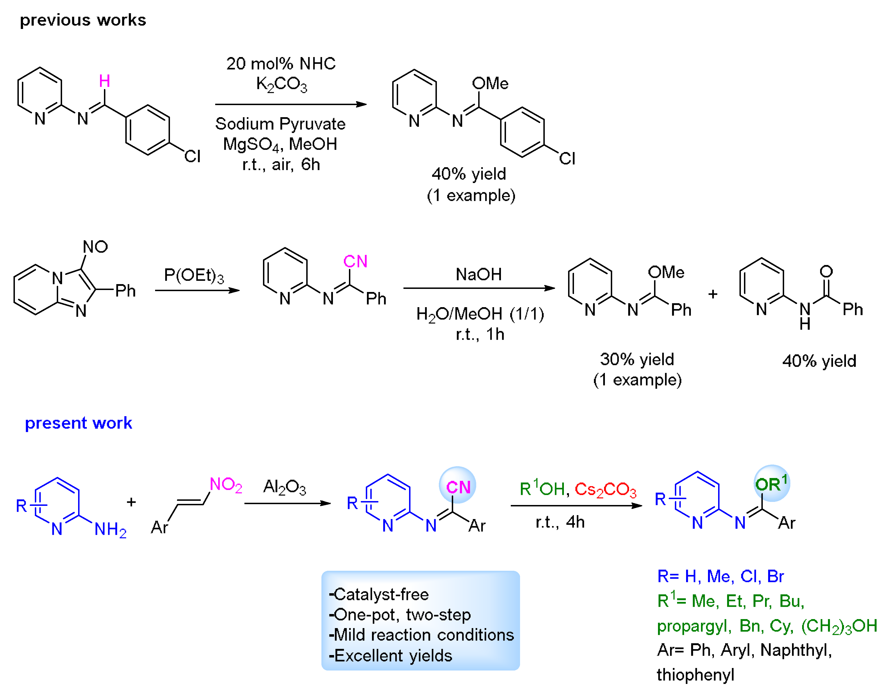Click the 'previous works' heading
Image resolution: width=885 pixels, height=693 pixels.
point(83,20)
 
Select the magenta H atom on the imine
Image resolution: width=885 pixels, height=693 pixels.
point(104,81)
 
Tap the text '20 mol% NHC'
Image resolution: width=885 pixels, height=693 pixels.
point(281,64)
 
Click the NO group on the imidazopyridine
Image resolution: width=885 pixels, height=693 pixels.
point(95,247)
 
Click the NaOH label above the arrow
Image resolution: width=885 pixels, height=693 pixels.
point(478,275)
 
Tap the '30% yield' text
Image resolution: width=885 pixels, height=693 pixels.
point(637,359)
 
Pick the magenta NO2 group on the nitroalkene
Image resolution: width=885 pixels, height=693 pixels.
point(226,484)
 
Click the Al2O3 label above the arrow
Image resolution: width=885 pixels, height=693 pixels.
point(284,486)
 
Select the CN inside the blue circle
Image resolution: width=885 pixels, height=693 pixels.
point(458,487)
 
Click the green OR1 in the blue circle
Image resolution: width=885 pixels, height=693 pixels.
point(771,484)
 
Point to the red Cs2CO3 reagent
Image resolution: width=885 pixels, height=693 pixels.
point(605,489)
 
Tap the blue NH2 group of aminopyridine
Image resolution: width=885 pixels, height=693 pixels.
point(110,529)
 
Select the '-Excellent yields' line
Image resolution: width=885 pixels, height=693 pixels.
point(390,656)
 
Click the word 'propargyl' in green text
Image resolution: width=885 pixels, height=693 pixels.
point(694,626)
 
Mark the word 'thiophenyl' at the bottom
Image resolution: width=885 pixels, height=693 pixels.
point(695,675)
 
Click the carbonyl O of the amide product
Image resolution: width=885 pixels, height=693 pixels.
point(826,271)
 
